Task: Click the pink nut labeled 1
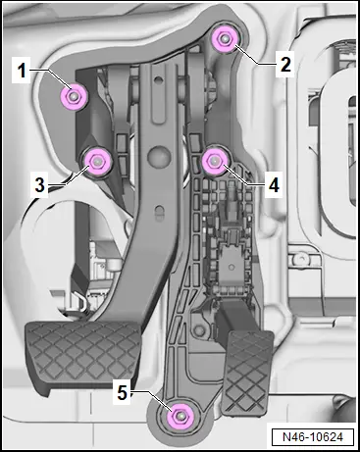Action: (74, 96)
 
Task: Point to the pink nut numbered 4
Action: (215, 161)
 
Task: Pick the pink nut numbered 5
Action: (180, 416)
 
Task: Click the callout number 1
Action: (22, 70)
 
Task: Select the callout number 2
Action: (285, 65)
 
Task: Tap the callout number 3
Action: (39, 185)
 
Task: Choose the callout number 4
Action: (274, 185)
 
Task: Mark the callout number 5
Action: (122, 392)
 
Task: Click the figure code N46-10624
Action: (313, 437)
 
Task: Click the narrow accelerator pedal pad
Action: (248, 373)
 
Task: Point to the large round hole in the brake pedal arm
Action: (159, 155)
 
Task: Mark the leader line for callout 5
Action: (153, 401)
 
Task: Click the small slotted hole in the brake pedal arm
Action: (160, 211)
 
